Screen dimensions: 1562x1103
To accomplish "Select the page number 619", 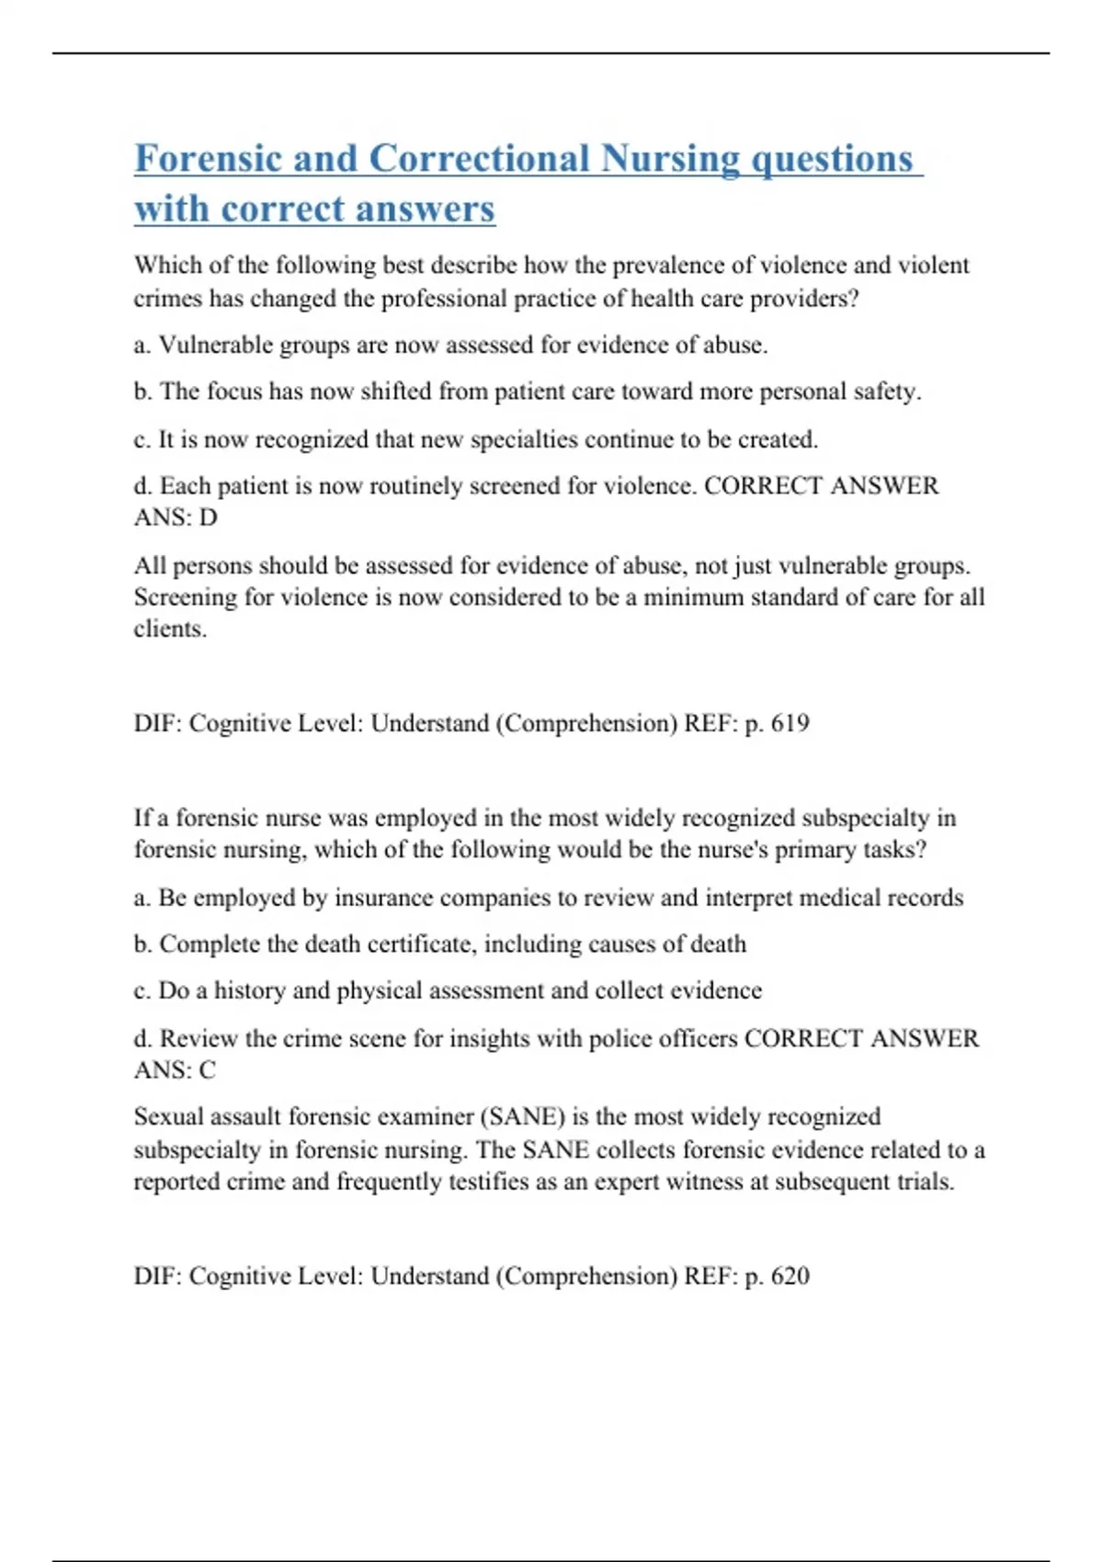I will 790,723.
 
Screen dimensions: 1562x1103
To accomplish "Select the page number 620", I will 790,1275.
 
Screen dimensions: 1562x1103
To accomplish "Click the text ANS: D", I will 176,517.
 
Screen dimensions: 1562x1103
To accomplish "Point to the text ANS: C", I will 175,1070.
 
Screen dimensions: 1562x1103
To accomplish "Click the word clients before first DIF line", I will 169,628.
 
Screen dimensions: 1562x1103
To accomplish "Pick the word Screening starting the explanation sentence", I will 186,597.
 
